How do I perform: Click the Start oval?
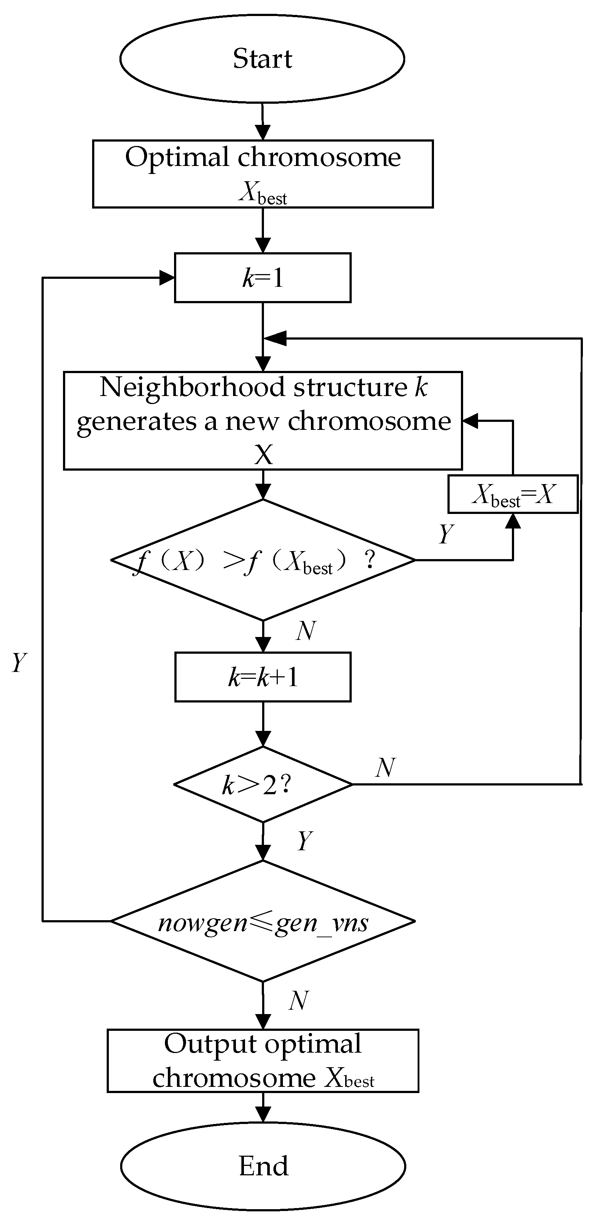coord(262,58)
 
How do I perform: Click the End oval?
coord(263,1165)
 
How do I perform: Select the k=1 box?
coord(263,278)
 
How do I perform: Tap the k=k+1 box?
coord(263,677)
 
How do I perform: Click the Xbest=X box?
coord(513,494)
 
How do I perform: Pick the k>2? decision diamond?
coord(263,784)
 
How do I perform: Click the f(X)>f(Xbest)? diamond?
coord(263,560)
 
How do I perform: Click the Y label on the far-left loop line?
coord(19,662)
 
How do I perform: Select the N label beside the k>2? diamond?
coord(385,767)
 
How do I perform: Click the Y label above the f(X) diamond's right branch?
coord(446,534)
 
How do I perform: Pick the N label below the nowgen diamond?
coord(299,1000)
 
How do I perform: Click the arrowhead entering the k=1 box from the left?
coord(167,278)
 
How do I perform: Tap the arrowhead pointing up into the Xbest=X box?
coord(513,521)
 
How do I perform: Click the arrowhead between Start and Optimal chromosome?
coord(263,132)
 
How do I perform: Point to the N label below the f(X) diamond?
coord(306,631)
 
